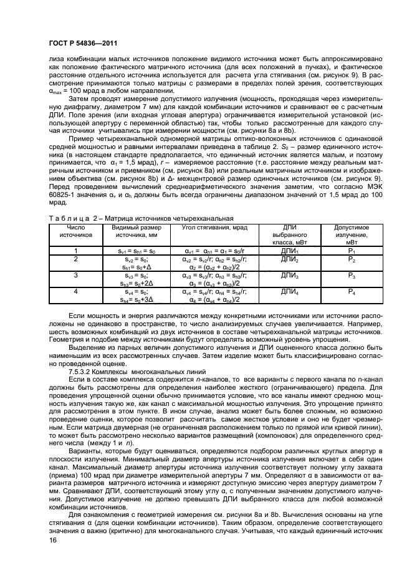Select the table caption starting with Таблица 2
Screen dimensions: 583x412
coord(141,218)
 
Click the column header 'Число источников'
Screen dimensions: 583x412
coord(75,232)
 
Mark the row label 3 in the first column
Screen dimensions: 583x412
coord(75,275)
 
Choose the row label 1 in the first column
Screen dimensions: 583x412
coord(75,251)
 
